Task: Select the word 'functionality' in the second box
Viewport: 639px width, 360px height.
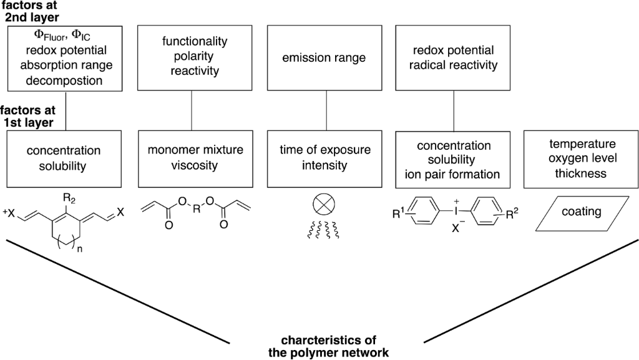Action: pos(195,42)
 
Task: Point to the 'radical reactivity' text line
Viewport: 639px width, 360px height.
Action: pos(454,65)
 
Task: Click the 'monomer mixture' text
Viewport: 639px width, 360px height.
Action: pos(195,150)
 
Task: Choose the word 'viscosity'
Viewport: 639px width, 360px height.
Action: pos(195,165)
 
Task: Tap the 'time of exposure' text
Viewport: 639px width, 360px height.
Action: pos(328,150)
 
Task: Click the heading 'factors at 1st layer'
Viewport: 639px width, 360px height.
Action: pos(28,117)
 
